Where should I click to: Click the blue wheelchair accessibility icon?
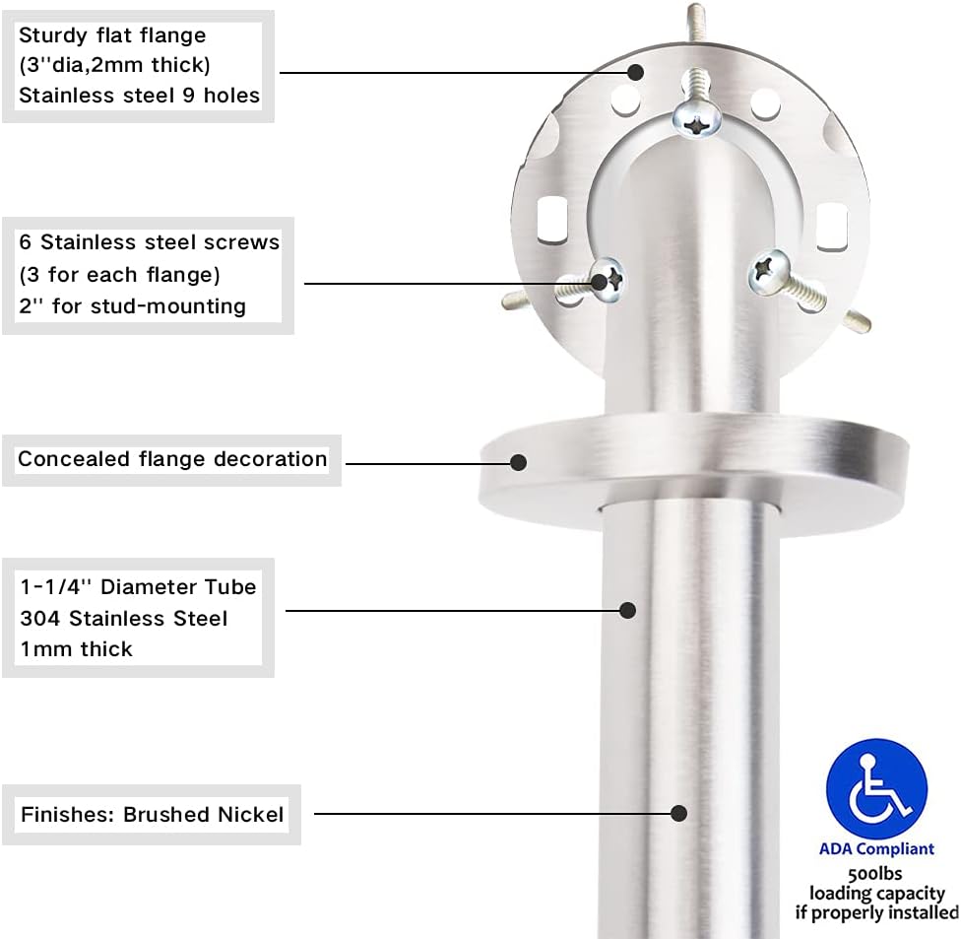pos(876,789)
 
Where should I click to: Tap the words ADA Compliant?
pos(876,848)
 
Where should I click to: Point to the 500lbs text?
pos(875,873)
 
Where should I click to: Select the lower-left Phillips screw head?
pos(607,280)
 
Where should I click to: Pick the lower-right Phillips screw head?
pos(769,270)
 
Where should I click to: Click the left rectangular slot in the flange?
pos(552,219)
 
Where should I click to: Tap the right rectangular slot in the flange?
pos(832,227)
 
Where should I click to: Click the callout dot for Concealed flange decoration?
pos(519,462)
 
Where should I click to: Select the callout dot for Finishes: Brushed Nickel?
pos(678,813)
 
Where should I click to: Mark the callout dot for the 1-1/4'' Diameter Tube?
pos(627,610)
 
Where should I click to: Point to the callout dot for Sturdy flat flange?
pos(635,72)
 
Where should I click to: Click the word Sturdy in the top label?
pos(53,36)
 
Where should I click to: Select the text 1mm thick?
pos(76,649)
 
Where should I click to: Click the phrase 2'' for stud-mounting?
pos(132,305)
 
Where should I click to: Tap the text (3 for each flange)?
pos(119,275)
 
